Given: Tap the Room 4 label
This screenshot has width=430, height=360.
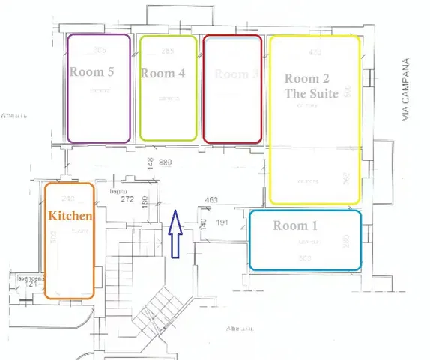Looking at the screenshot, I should tap(163, 73).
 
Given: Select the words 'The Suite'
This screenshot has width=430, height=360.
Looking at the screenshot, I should tap(312, 93).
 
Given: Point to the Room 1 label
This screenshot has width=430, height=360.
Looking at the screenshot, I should tap(295, 225).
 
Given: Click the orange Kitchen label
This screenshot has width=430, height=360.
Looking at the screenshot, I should tap(70, 215).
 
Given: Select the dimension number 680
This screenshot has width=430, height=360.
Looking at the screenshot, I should tap(166, 163).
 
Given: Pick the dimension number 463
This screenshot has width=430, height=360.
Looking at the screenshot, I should tap(211, 200).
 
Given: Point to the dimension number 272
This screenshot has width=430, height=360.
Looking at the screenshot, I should tap(127, 200).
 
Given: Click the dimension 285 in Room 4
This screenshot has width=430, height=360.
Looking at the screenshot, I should tap(168, 51).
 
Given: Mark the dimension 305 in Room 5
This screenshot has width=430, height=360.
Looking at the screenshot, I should tap(99, 51).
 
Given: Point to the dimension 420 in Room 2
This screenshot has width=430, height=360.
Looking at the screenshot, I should tap(315, 52).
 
